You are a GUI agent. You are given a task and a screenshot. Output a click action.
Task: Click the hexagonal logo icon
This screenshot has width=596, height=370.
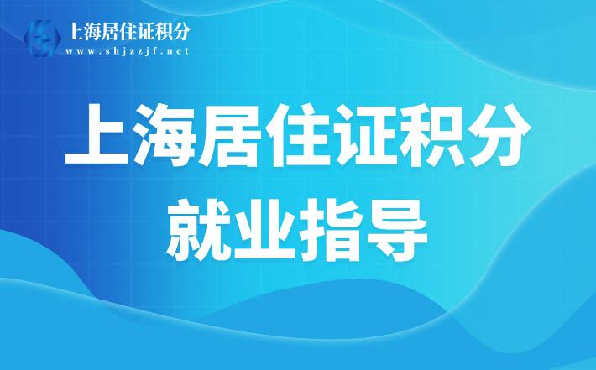click(42, 39)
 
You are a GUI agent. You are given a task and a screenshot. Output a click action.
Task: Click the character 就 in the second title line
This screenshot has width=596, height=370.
click(197, 230)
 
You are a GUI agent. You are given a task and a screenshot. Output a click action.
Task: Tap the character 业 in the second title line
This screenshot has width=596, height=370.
click(264, 230)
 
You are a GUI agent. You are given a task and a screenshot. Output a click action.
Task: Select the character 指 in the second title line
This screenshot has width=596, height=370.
click(331, 230)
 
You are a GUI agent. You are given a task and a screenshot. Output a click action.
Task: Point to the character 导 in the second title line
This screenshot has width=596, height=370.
click(397, 230)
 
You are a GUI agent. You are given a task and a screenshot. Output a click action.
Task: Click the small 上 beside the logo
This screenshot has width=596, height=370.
click(74, 32)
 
